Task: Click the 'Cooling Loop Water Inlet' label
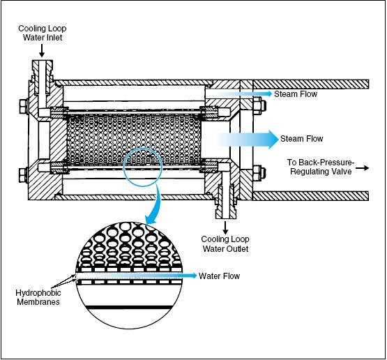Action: click(43, 33)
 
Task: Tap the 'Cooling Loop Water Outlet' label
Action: click(225, 243)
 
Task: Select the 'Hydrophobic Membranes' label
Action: click(38, 297)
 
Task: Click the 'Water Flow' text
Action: click(219, 276)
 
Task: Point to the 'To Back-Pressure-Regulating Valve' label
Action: click(321, 167)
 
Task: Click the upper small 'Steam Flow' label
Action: click(296, 94)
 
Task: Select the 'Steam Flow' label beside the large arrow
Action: click(302, 139)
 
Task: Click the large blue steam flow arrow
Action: click(248, 140)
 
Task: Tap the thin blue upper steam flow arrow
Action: click(243, 93)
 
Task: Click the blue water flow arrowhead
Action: click(194, 276)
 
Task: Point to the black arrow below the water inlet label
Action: click(42, 51)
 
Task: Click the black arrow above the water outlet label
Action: click(225, 227)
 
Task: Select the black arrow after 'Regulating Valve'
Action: click(363, 168)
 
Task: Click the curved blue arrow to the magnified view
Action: click(155, 205)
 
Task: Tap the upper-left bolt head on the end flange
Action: click(24, 107)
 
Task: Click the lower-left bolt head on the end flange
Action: click(24, 175)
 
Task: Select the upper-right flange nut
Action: click(259, 107)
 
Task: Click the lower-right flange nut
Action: click(259, 174)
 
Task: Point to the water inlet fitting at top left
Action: click(42, 77)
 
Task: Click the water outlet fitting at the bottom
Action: click(225, 201)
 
